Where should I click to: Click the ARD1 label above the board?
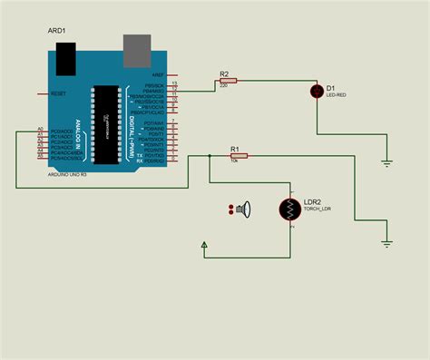(58, 32)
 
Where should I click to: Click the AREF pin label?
(157, 75)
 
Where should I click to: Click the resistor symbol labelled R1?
(234, 156)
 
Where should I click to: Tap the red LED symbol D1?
(317, 90)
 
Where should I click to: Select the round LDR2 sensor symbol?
(291, 209)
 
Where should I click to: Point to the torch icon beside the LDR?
(243, 210)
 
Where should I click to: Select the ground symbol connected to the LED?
(386, 163)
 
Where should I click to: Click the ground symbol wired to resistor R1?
(386, 242)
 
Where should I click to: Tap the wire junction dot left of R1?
(210, 156)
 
